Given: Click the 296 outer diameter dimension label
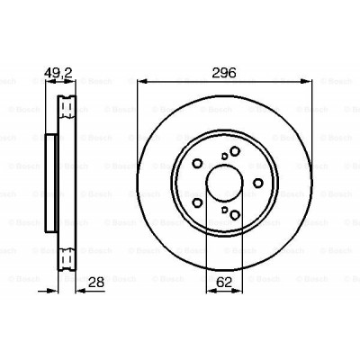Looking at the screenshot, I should [x=224, y=74].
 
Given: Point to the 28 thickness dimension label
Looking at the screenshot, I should [x=94, y=283].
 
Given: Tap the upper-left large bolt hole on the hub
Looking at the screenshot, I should [x=197, y=163].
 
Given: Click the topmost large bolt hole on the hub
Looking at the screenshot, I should [x=234, y=151].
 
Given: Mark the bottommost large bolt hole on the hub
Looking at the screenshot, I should [x=234, y=214].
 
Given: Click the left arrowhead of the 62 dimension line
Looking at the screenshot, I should [x=209, y=269].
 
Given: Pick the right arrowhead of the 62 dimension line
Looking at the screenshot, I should [x=238, y=269].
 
